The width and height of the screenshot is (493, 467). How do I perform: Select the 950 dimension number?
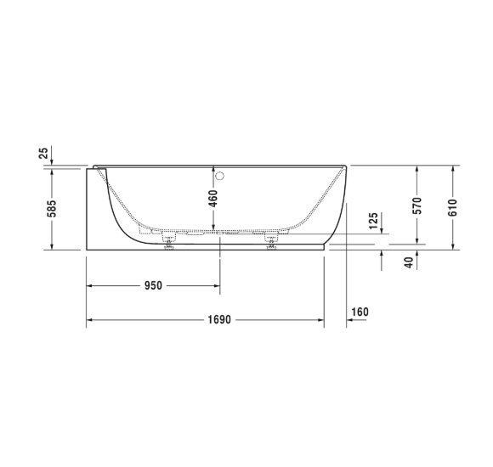tap(152, 285)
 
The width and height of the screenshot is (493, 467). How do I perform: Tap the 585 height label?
tap(52, 208)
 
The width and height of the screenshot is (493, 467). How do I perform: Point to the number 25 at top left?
tap(42, 154)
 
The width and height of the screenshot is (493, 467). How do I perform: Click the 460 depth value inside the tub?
tap(212, 200)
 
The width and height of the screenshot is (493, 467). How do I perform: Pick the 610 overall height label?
tap(453, 208)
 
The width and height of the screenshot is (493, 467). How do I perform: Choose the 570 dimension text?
tap(416, 208)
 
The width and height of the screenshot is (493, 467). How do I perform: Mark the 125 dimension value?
tap(374, 222)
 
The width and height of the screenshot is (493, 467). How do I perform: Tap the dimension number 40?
tap(409, 262)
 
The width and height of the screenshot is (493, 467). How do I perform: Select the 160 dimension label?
tap(360, 312)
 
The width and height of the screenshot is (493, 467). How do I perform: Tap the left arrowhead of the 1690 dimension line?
tap(90, 320)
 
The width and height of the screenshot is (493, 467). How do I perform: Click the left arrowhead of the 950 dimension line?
tap(90, 285)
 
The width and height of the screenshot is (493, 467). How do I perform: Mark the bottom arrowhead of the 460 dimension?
tap(220, 228)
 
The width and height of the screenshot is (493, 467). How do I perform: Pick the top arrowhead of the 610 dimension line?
tap(453, 169)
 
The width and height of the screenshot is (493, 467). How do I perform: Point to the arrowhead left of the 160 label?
tap(348, 322)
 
